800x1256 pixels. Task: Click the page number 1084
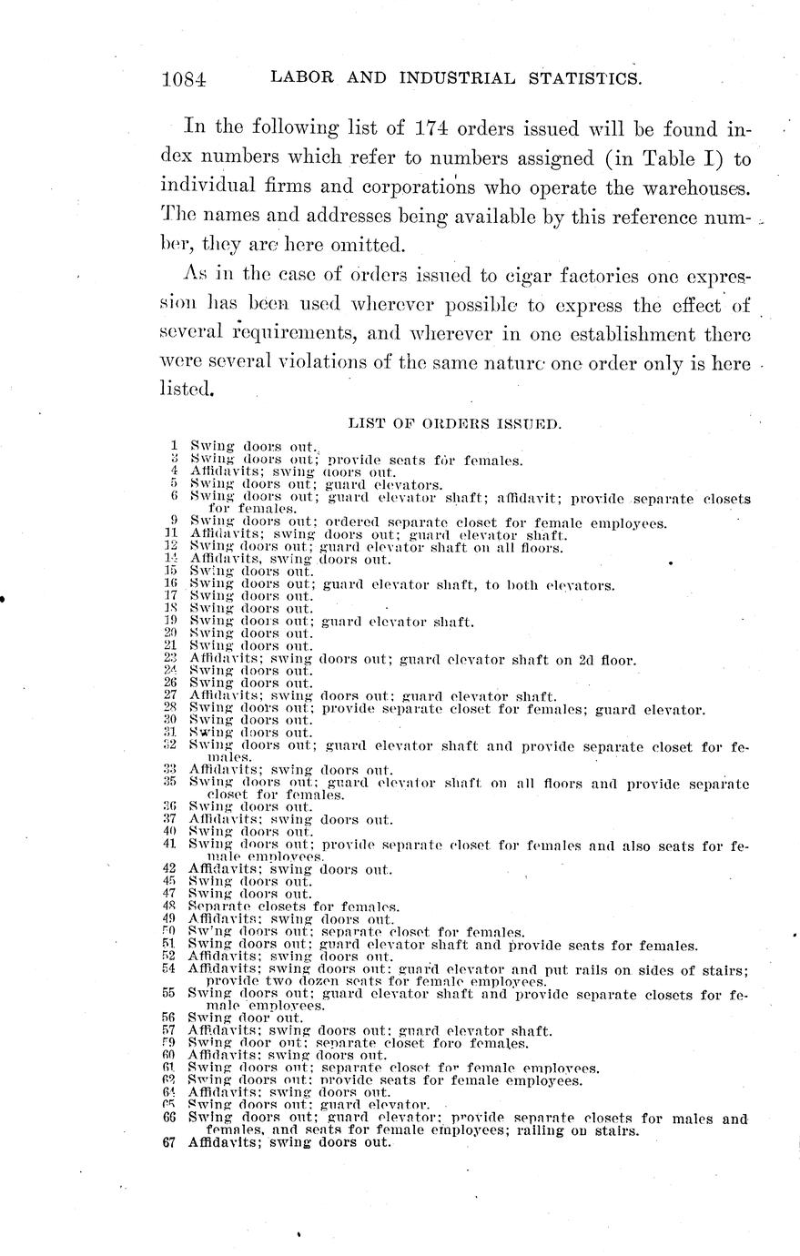click(x=184, y=79)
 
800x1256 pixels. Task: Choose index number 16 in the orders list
click(x=170, y=584)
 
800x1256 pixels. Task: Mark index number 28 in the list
click(x=170, y=709)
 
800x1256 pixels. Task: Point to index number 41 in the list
click(x=170, y=845)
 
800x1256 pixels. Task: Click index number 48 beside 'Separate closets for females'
click(x=168, y=907)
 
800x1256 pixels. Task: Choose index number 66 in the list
click(x=168, y=1119)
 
